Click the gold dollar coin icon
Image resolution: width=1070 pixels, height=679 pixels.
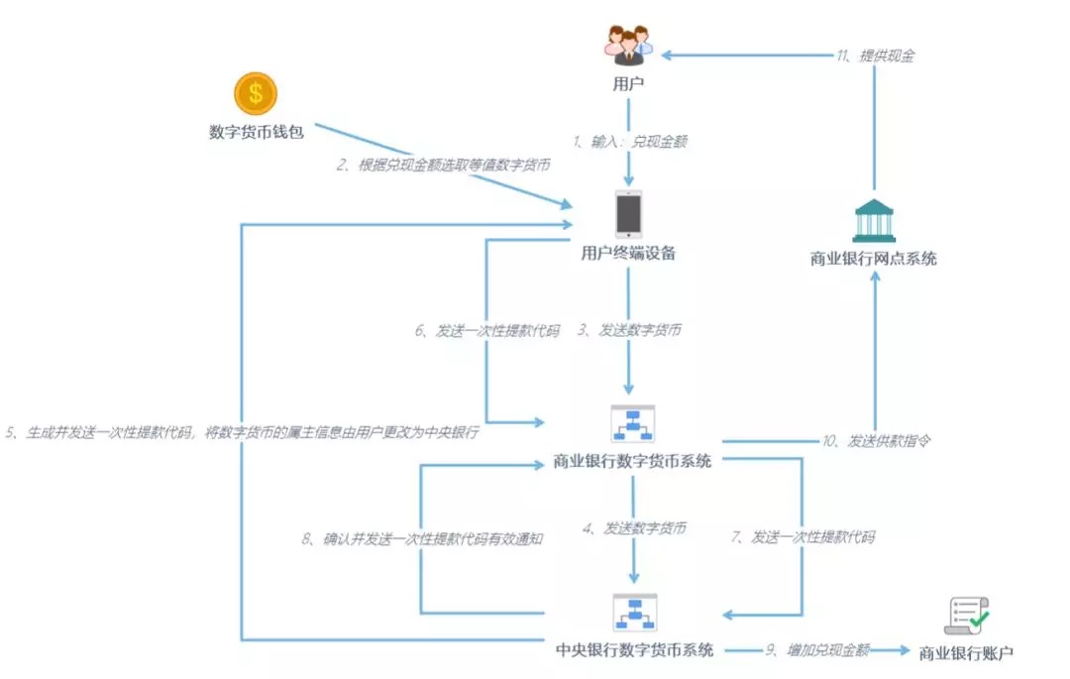[256, 93]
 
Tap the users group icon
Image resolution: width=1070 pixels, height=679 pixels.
[628, 46]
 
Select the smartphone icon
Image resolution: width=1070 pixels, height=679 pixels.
[628, 214]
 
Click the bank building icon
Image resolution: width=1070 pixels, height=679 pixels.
[874, 220]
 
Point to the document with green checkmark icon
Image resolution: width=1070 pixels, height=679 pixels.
[966, 617]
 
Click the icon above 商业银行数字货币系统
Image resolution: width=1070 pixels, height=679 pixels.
[632, 424]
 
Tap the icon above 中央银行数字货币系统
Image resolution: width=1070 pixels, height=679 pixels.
[635, 613]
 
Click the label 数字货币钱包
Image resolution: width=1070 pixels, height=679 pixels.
[257, 132]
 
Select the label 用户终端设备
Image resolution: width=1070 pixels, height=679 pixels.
[628, 253]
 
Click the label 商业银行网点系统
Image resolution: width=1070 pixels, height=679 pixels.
[874, 259]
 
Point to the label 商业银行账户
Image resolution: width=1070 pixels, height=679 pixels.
[966, 653]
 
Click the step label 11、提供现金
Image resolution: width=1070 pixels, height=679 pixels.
[876, 56]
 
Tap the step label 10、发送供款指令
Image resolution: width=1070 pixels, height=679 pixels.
[876, 441]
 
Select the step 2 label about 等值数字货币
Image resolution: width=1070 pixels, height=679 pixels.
[444, 165]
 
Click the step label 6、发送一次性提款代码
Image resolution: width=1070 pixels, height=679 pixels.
[487, 331]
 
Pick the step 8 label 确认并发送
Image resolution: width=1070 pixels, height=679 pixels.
[422, 539]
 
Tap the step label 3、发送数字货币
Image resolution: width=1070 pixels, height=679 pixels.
[629, 330]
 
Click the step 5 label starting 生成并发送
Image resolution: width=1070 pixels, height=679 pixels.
[243, 432]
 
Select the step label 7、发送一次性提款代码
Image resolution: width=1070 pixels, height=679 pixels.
[803, 537]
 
